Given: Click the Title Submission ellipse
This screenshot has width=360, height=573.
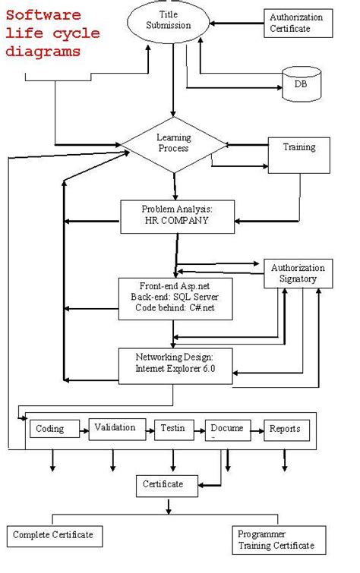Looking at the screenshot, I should click(x=175, y=20).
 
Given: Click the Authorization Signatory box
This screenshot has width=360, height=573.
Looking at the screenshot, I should click(x=298, y=274).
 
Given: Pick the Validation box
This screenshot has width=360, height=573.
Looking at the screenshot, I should click(x=115, y=429).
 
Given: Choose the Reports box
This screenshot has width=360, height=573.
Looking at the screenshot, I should click(x=285, y=430).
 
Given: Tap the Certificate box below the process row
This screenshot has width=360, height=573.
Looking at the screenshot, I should click(x=163, y=483).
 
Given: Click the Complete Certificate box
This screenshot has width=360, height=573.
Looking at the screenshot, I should click(x=53, y=535).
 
